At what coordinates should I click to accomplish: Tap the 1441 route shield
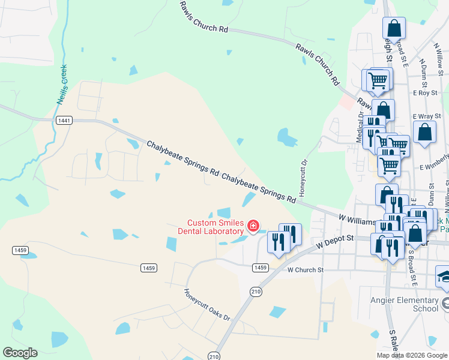tap(64, 121)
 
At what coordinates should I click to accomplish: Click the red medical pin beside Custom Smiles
tap(253, 226)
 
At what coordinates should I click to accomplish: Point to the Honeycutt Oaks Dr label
tap(207, 305)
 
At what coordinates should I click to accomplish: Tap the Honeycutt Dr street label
tap(304, 178)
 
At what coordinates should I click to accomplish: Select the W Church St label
tap(306, 270)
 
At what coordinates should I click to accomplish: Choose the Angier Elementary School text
tap(412, 304)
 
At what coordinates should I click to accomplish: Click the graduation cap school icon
tap(445, 277)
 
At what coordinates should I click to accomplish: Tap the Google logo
tap(20, 353)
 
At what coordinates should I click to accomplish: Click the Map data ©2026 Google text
tap(412, 355)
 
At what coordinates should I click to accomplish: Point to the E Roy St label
tap(424, 93)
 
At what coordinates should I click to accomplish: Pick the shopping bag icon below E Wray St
tap(424, 133)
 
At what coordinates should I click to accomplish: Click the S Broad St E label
tap(412, 264)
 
